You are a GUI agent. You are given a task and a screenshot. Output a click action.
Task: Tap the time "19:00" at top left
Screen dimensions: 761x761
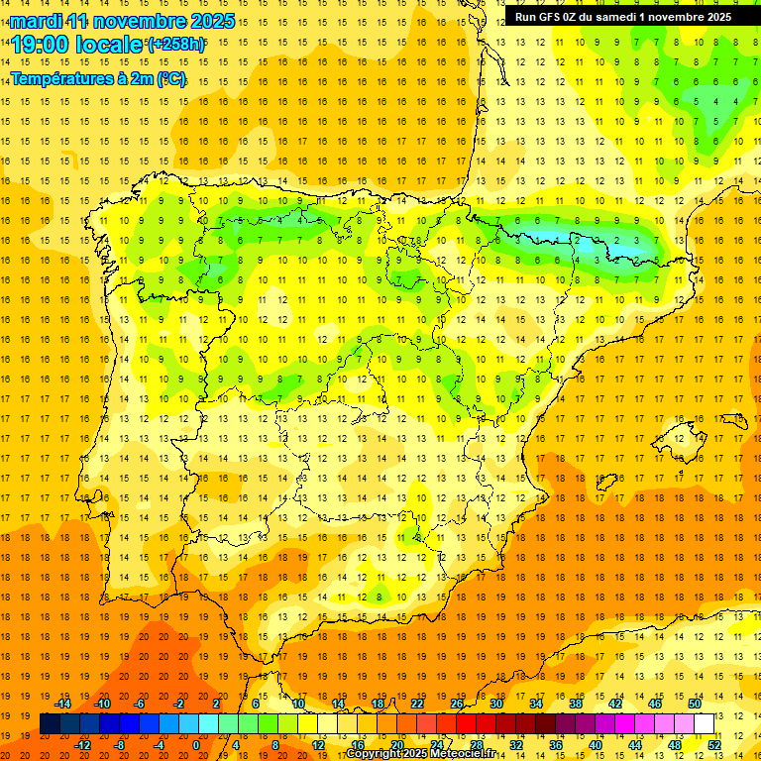(x=43, y=45)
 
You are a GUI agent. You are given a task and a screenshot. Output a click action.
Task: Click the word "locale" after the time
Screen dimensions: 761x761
(x=111, y=45)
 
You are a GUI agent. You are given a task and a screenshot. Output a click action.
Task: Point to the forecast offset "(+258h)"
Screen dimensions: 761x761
(x=176, y=45)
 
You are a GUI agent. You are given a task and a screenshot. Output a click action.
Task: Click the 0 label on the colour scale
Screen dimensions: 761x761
(x=196, y=744)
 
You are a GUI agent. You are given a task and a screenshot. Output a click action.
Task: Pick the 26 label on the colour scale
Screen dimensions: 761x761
(x=457, y=704)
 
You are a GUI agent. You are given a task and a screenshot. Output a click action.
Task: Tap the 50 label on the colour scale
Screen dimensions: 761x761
(x=694, y=704)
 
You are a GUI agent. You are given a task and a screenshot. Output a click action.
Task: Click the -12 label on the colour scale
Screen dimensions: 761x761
(x=82, y=744)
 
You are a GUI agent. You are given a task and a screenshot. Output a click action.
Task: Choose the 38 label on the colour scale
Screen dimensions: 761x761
(x=575, y=704)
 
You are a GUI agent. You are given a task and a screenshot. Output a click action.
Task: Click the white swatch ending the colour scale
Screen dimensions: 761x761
(x=704, y=723)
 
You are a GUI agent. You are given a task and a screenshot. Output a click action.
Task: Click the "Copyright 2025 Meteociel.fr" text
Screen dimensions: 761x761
(x=420, y=754)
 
